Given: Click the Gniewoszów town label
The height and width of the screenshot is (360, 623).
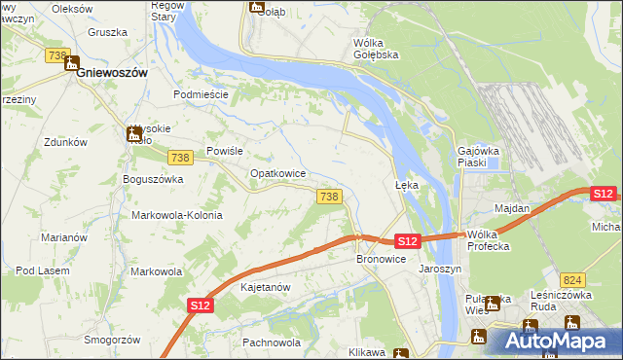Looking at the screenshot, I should click(113, 73).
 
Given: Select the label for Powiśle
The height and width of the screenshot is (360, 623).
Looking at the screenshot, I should click(224, 152).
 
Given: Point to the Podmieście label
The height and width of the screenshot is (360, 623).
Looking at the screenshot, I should click(201, 94).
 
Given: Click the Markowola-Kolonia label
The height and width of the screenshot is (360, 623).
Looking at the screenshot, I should click(177, 215).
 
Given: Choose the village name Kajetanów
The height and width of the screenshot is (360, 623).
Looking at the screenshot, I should click(266, 288).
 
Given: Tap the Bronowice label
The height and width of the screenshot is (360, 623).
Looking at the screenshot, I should click(381, 260).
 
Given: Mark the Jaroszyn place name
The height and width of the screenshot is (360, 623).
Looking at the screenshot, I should click(439, 269).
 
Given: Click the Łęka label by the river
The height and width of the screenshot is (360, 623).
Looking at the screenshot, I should click(406, 184).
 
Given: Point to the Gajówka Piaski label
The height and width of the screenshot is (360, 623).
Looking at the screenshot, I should click(478, 157).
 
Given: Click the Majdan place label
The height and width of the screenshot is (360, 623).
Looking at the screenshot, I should click(512, 209).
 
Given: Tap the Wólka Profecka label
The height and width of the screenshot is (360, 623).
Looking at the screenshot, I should click(489, 240).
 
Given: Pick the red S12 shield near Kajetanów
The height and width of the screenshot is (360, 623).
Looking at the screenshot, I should click(200, 306).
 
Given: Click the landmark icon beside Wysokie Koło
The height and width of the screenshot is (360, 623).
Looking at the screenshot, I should click(133, 135).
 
